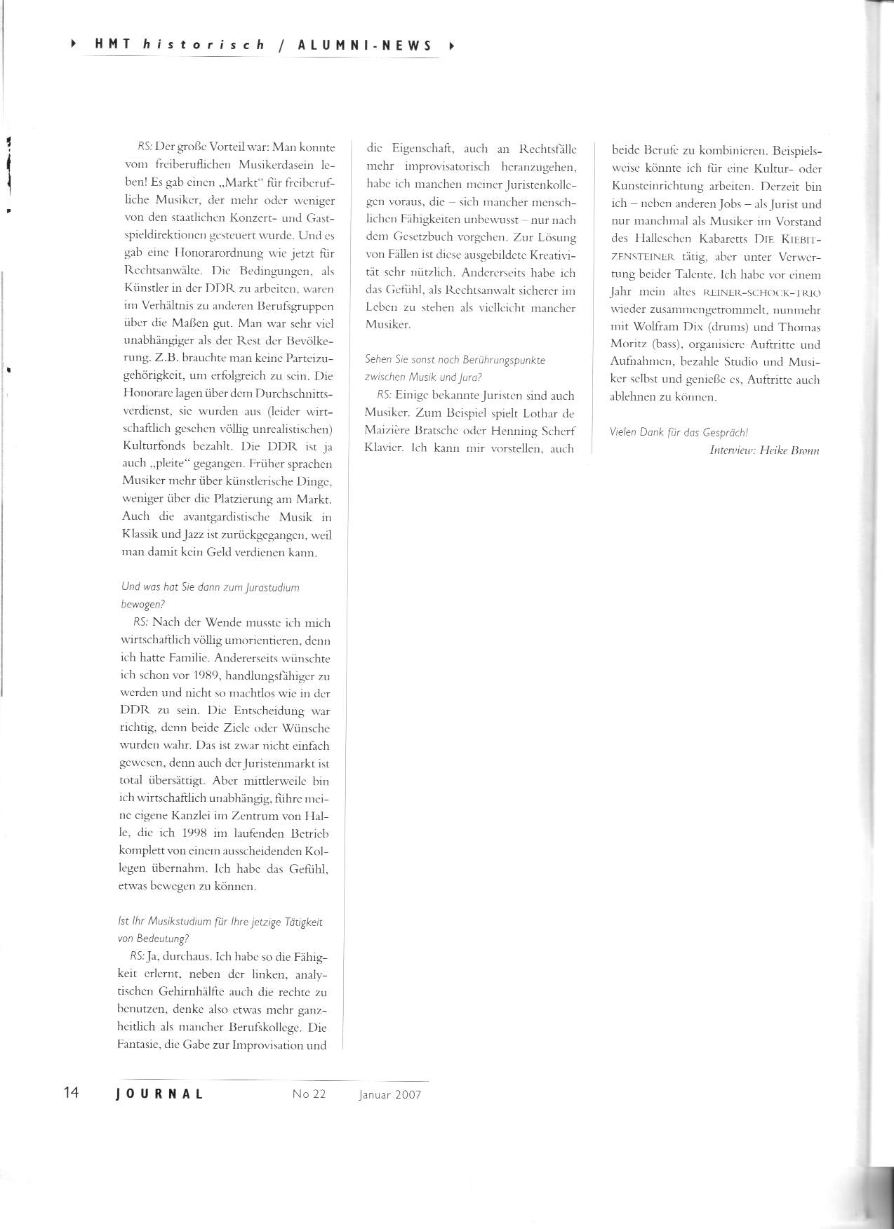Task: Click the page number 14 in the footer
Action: (x=72, y=1093)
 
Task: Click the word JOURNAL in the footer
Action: (x=160, y=1094)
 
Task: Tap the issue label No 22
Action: (x=309, y=1094)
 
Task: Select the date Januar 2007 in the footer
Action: (x=389, y=1094)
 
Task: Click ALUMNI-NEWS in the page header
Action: (x=365, y=46)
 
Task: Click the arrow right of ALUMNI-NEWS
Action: (x=451, y=46)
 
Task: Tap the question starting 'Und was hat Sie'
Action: (x=211, y=587)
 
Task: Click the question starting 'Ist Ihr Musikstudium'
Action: (x=222, y=922)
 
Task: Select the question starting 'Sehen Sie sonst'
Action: (x=455, y=359)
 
